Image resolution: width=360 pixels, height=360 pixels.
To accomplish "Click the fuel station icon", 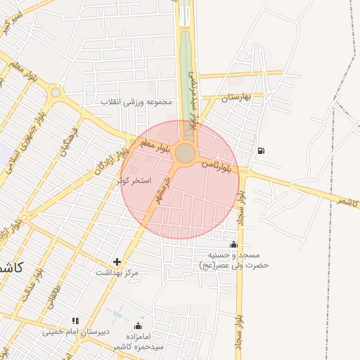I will pyautogui.click(x=262, y=150).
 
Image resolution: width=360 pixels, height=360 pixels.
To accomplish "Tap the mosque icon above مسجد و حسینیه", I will pyautogui.click(x=233, y=244).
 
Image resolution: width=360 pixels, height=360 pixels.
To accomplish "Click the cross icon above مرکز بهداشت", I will pyautogui.click(x=117, y=262).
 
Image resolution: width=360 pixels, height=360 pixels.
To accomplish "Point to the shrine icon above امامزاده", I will pyautogui.click(x=139, y=326).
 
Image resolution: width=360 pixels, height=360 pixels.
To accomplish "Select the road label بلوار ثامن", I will pyautogui.click(x=216, y=165).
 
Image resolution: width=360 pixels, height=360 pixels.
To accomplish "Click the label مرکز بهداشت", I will pyautogui.click(x=115, y=272).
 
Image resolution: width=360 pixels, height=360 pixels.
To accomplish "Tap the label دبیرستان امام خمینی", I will pyautogui.click(x=73, y=331).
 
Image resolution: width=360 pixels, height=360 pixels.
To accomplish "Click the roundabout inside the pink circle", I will pyautogui.click(x=186, y=153).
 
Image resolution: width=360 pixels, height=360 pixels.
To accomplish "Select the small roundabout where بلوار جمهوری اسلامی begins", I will pyautogui.click(x=55, y=92).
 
